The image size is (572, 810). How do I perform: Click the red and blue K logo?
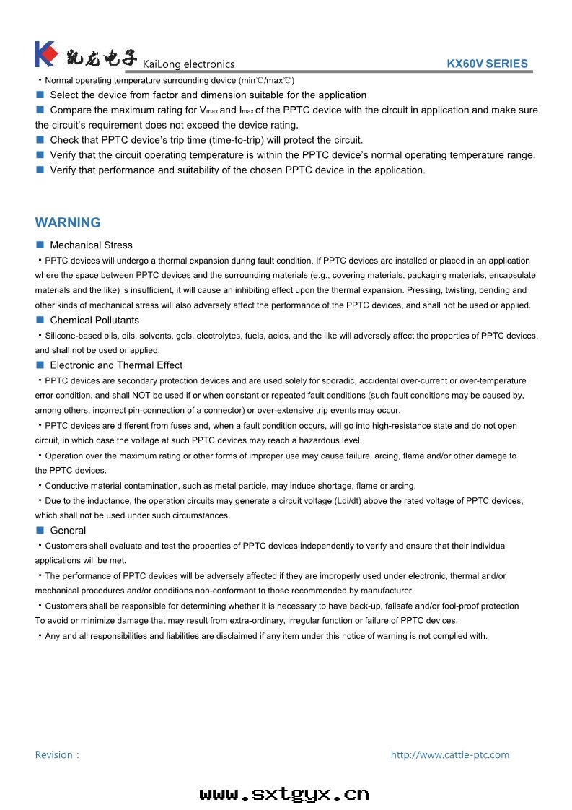click(45, 54)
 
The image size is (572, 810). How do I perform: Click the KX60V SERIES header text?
click(487, 64)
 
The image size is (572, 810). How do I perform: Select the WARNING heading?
click(68, 222)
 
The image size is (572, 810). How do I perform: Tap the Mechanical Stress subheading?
click(91, 245)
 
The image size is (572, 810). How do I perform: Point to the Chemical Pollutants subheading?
click(94, 321)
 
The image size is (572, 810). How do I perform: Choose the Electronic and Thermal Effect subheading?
click(116, 365)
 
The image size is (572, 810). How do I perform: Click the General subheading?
click(68, 531)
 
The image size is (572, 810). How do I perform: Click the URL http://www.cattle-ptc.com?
click(449, 755)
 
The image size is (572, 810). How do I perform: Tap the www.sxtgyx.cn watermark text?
click(285, 794)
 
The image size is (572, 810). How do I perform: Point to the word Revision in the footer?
click(54, 755)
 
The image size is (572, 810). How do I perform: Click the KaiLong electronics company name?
click(189, 64)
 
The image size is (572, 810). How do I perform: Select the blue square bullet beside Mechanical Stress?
click(40, 245)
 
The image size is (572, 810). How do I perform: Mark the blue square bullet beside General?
click(40, 531)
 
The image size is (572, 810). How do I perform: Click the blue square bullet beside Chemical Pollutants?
click(40, 321)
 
